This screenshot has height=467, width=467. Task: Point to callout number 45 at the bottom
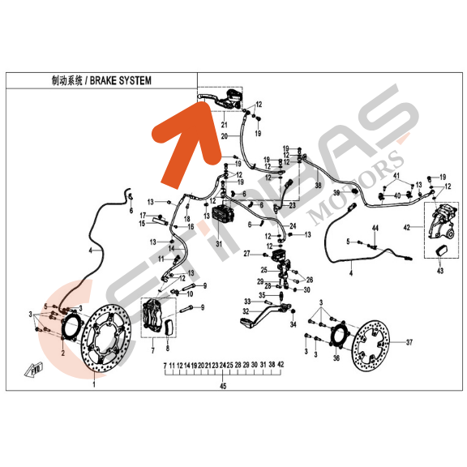[x=222, y=387]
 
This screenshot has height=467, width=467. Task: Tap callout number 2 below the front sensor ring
[x=62, y=354]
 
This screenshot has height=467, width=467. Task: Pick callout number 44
[x=375, y=229]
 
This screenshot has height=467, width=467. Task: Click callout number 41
[x=397, y=177]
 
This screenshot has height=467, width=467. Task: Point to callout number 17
[x=141, y=214]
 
